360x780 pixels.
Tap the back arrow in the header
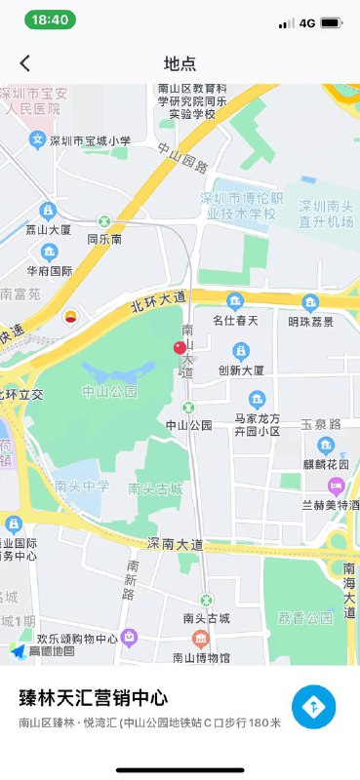coord(25,63)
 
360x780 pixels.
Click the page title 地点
coord(180,63)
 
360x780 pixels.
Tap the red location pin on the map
coord(180,350)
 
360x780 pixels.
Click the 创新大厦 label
coord(244,370)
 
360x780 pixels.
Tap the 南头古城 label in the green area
coord(155,488)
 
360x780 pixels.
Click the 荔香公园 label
coord(304,618)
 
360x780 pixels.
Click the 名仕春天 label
coord(234,320)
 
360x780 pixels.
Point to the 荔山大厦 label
coord(49,230)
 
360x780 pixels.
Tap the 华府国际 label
coord(50,271)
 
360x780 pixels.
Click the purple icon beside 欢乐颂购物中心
coord(129,637)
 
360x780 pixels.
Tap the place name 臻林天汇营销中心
coord(94,698)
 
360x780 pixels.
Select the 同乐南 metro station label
coord(104,238)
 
